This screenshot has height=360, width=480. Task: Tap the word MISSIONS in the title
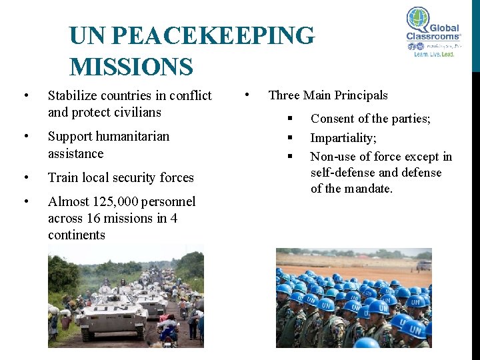click(x=131, y=67)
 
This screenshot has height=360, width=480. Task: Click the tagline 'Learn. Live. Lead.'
click(x=434, y=54)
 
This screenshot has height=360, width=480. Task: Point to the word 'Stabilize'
click(x=74, y=96)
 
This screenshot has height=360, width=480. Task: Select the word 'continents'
click(x=77, y=235)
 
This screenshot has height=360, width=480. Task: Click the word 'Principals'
click(x=361, y=95)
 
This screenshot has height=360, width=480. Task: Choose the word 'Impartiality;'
click(x=343, y=138)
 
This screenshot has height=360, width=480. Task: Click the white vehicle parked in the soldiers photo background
click(x=423, y=265)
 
